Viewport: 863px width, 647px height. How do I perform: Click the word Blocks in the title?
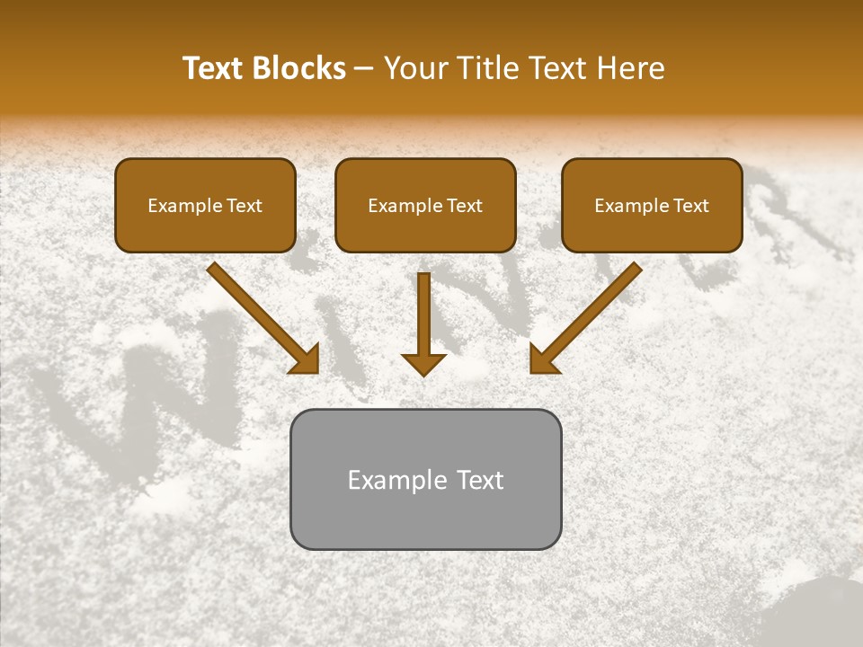[301, 68]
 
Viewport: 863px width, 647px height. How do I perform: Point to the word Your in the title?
[413, 68]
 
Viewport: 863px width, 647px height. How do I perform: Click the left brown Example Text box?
[205, 206]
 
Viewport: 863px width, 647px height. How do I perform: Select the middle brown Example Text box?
[425, 206]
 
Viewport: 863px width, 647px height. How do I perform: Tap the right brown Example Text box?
[652, 206]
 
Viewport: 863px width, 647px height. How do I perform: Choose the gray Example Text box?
[425, 479]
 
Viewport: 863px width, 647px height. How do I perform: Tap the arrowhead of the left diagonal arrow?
[306, 360]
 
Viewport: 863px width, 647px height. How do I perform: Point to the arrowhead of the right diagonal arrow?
[543, 360]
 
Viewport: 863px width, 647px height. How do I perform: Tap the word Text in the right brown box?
[690, 206]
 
